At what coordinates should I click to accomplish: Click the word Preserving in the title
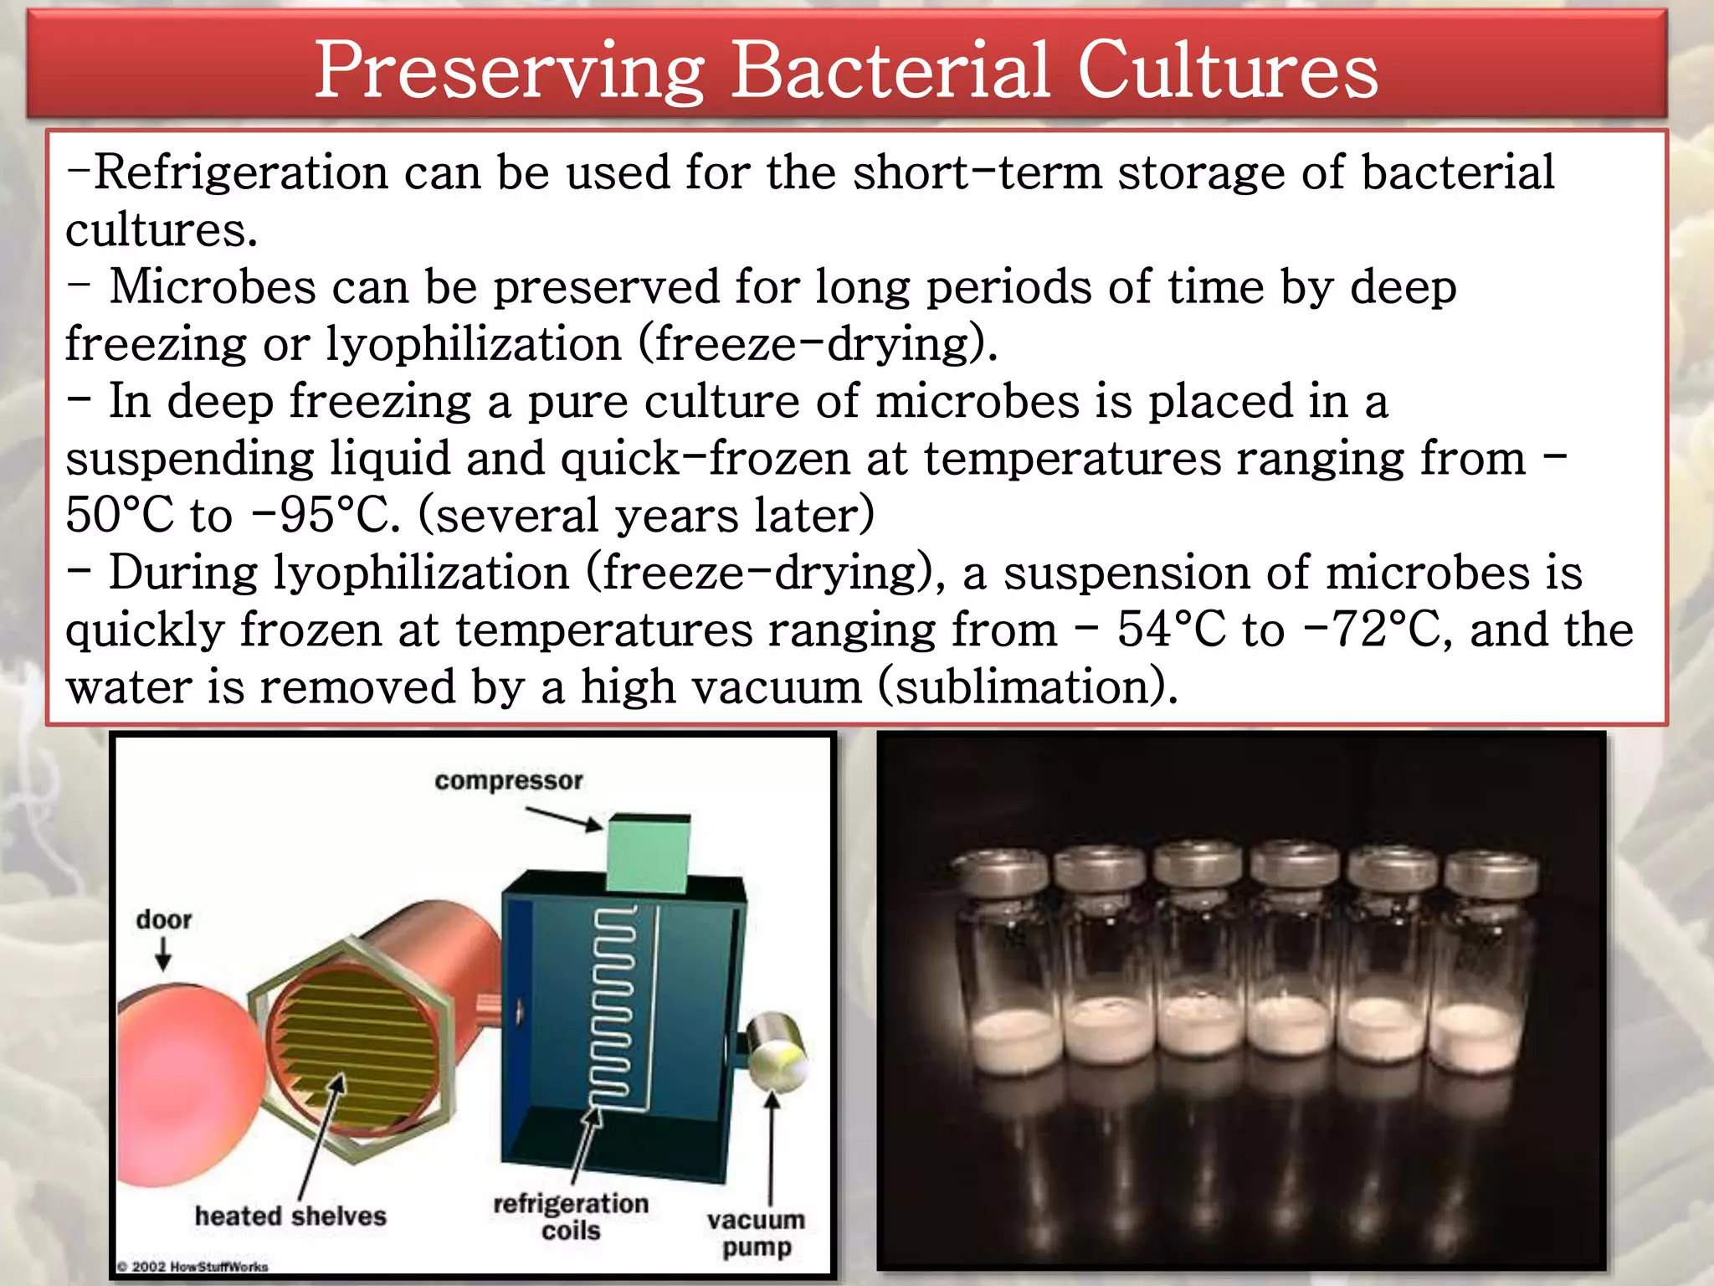click(x=509, y=71)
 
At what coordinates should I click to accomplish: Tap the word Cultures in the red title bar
click(x=1227, y=71)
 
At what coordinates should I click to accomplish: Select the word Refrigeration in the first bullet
click(x=241, y=172)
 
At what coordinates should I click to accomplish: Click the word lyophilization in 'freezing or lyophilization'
click(x=473, y=344)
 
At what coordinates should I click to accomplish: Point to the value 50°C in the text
click(x=120, y=515)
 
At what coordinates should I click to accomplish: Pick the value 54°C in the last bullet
click(x=1171, y=630)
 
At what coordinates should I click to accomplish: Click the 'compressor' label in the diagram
click(x=508, y=780)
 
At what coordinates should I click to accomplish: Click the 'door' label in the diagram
click(x=164, y=919)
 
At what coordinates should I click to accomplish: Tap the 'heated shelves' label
click(x=290, y=1216)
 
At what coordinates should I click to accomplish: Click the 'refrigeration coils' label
click(x=571, y=1217)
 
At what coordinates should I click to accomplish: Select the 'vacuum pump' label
click(x=756, y=1233)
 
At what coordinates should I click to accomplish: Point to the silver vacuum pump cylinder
click(x=776, y=1051)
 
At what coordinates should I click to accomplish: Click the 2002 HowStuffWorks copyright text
click(x=192, y=1267)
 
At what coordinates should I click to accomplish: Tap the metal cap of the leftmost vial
click(x=1001, y=871)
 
